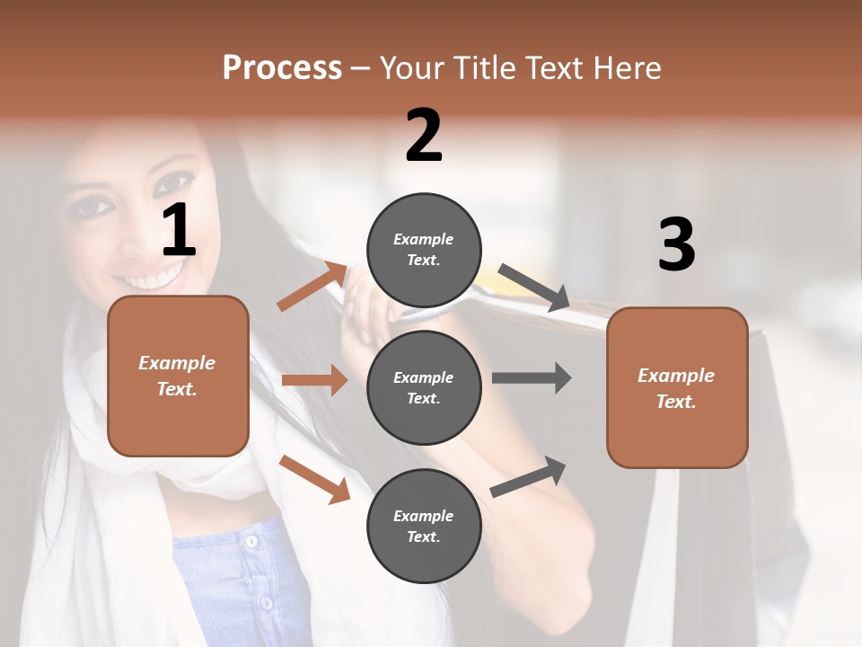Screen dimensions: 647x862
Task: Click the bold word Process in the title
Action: [x=282, y=68]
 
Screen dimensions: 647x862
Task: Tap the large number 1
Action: [x=179, y=230]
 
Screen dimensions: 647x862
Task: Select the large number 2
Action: [x=424, y=136]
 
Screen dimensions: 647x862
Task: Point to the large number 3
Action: [x=677, y=244]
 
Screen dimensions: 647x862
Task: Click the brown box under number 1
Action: [x=178, y=376]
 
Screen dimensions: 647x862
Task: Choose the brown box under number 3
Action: [x=677, y=387]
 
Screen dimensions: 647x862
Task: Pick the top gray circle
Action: [x=424, y=250]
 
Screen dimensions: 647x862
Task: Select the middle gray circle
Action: [x=424, y=387]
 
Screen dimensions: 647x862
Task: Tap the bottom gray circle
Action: [x=424, y=526]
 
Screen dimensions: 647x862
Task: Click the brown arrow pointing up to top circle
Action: [x=312, y=287]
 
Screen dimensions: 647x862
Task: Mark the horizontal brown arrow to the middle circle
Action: [x=314, y=380]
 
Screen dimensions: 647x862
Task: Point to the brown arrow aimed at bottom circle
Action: [x=314, y=479]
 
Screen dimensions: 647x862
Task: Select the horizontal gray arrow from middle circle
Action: [x=532, y=377]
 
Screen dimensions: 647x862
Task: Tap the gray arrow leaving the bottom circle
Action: [x=529, y=476]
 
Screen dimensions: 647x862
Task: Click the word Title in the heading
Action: [x=488, y=68]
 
